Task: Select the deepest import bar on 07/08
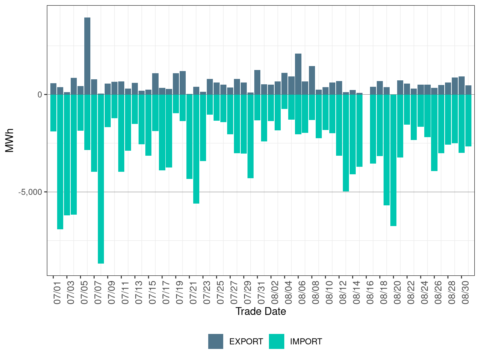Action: (x=101, y=179)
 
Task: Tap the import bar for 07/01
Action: (x=53, y=113)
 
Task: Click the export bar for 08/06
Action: (x=298, y=74)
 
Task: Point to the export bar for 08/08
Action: (x=312, y=80)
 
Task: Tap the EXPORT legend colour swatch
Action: (x=216, y=341)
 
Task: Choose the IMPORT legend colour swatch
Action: (x=276, y=341)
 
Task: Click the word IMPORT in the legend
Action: (x=306, y=342)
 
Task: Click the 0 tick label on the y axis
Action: (x=40, y=95)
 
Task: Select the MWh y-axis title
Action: (x=10, y=140)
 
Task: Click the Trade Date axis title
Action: (x=261, y=311)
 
